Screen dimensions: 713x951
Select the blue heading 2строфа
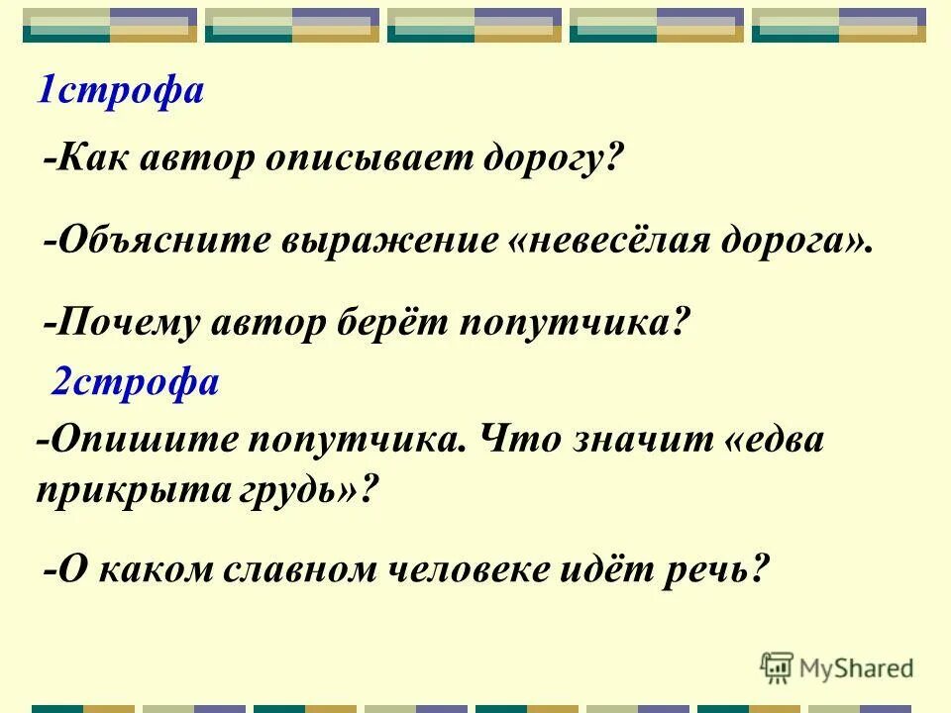tap(135, 382)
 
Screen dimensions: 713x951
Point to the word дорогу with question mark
tap(562, 157)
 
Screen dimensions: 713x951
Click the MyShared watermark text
tap(856, 667)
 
